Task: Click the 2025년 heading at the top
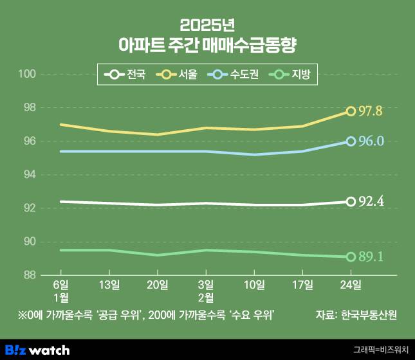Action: point(207,26)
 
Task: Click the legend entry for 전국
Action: point(126,75)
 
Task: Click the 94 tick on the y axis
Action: point(29,175)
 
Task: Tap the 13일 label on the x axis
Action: point(109,284)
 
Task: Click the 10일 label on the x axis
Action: point(254,284)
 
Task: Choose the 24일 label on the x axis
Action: point(351,284)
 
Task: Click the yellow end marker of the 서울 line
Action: point(351,111)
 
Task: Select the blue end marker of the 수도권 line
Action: point(351,141)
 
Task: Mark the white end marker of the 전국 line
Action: point(351,202)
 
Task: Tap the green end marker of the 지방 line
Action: point(351,257)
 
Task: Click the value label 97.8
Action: point(371,111)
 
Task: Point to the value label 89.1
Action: point(371,257)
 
